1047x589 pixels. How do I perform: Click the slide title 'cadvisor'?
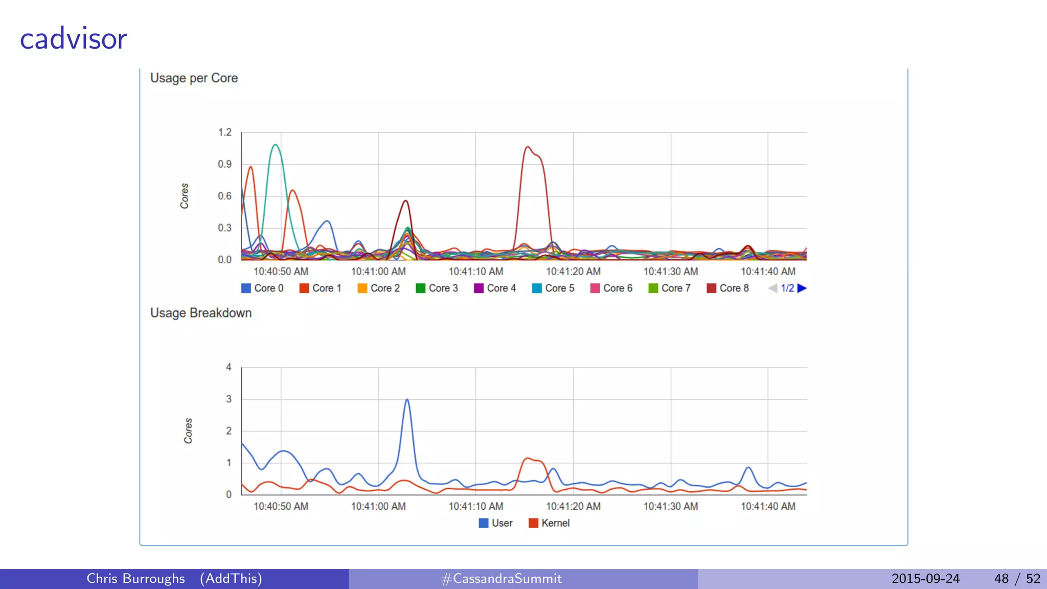[73, 39]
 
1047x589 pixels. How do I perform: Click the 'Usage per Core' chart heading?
[194, 78]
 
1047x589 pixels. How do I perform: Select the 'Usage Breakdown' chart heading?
[201, 313]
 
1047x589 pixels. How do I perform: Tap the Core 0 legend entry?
[262, 288]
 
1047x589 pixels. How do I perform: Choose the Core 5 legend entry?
[553, 288]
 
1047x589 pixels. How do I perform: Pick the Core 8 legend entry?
[727, 288]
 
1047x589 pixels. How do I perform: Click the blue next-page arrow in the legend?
[802, 288]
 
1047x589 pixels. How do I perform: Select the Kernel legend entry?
[549, 523]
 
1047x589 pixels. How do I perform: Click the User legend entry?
[495, 523]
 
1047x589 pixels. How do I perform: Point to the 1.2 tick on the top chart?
[225, 132]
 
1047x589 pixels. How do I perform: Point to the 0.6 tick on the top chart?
[225, 196]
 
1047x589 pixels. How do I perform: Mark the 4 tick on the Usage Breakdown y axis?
[229, 367]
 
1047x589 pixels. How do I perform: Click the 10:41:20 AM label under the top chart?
[573, 271]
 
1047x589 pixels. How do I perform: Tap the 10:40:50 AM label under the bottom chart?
[281, 506]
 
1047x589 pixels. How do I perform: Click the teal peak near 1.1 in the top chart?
[276, 145]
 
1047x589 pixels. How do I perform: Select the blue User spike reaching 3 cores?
[407, 400]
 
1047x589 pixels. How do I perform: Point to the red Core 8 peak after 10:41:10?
[528, 148]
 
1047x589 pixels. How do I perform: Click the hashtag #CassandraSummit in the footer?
[501, 579]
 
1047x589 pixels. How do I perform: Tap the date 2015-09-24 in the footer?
[925, 579]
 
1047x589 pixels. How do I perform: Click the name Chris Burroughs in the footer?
[135, 579]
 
